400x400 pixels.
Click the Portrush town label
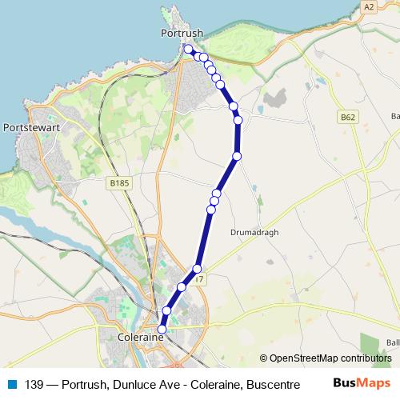[182, 33]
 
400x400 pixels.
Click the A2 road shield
[368, 6]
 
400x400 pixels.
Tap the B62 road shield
[346, 117]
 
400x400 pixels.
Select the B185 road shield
[118, 183]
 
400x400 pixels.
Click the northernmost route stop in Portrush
[189, 50]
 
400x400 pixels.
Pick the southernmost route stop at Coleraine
[162, 329]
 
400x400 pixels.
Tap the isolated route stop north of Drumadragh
[238, 156]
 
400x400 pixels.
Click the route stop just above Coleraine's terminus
[167, 310]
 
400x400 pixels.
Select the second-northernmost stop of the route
[198, 56]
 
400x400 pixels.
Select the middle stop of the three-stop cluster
[214, 201]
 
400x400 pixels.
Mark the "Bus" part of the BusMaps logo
[346, 384]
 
